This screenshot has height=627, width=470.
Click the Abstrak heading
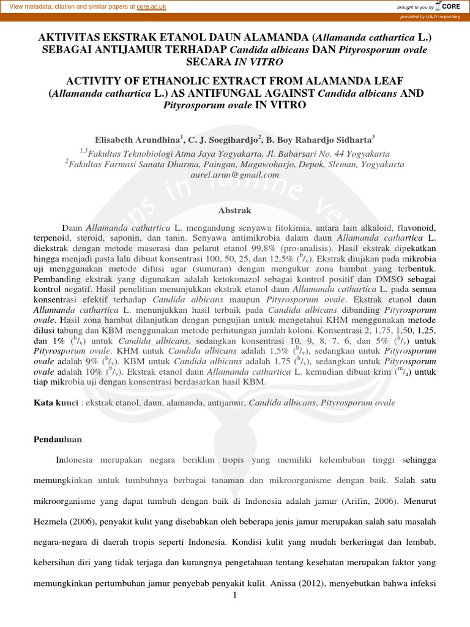click(x=235, y=210)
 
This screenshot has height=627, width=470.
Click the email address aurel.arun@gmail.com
click(x=235, y=175)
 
